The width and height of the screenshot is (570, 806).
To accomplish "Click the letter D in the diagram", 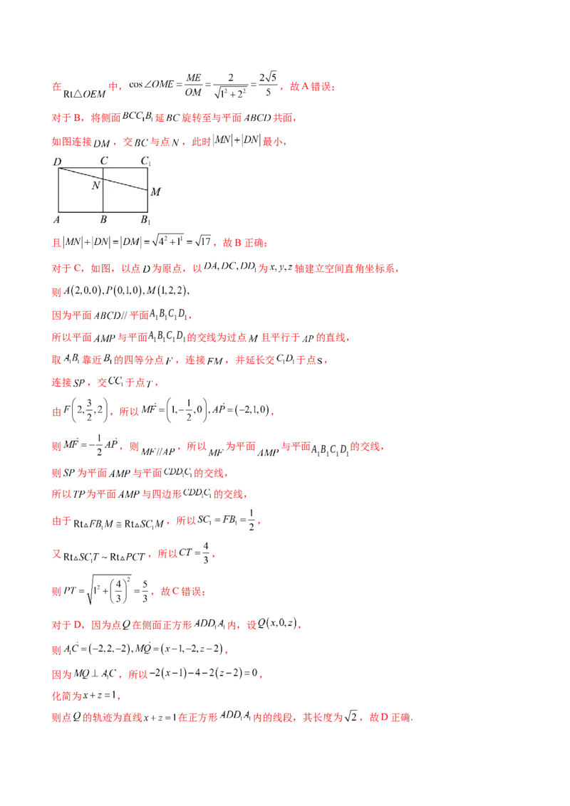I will pos(57,162).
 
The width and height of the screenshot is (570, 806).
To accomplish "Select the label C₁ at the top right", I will pos(145,162).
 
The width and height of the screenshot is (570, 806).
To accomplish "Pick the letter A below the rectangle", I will pos(57,219).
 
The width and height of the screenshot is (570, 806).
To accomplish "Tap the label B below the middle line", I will pos(103,219).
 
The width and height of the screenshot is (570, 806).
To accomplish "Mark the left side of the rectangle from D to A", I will pos(58,189).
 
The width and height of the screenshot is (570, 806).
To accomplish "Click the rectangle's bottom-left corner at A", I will pos(58,211).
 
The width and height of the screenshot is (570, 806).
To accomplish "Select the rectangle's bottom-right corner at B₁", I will pos(148,211).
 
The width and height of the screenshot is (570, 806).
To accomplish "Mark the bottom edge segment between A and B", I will pos(81,211).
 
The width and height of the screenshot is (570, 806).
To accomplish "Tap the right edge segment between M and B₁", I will pos(148,201).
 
